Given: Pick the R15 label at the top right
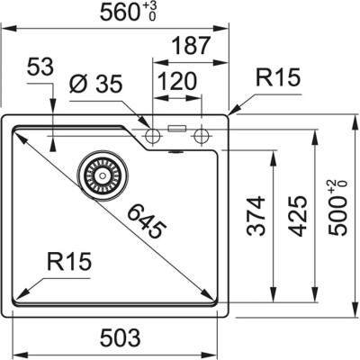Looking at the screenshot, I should coord(274,79).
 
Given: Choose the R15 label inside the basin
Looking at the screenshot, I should coord(67,265).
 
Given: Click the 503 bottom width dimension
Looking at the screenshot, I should coord(119,338).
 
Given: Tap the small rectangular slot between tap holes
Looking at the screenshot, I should coord(178,130).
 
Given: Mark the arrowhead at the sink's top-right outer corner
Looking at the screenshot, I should coord(232,113).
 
